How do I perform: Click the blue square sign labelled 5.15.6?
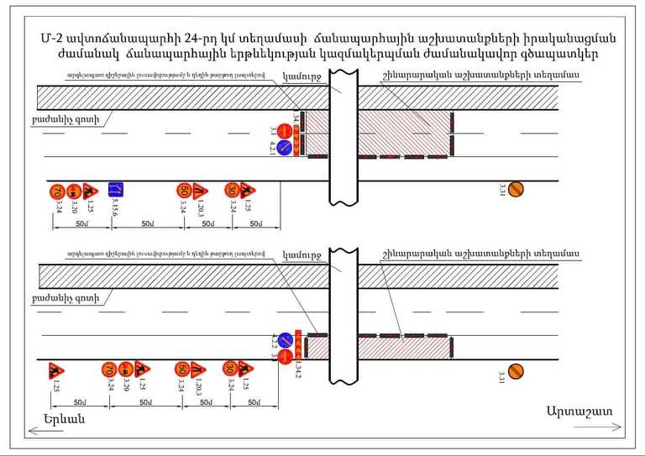[x=116, y=190]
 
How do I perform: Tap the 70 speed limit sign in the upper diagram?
[x=57, y=191]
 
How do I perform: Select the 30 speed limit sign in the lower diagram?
[x=229, y=369]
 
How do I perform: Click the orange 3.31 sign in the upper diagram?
[x=517, y=190]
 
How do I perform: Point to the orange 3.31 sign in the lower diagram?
[x=517, y=370]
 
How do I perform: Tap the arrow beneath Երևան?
[x=67, y=430]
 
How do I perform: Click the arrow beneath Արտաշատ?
[x=579, y=426]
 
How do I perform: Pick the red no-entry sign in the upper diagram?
[x=285, y=131]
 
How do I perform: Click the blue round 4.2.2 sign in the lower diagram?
[x=285, y=341]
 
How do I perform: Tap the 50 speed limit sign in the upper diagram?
[x=184, y=191]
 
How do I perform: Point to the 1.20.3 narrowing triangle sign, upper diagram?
[x=200, y=191]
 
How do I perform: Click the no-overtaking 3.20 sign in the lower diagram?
[x=124, y=370]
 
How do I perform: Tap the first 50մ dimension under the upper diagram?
[x=81, y=224]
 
